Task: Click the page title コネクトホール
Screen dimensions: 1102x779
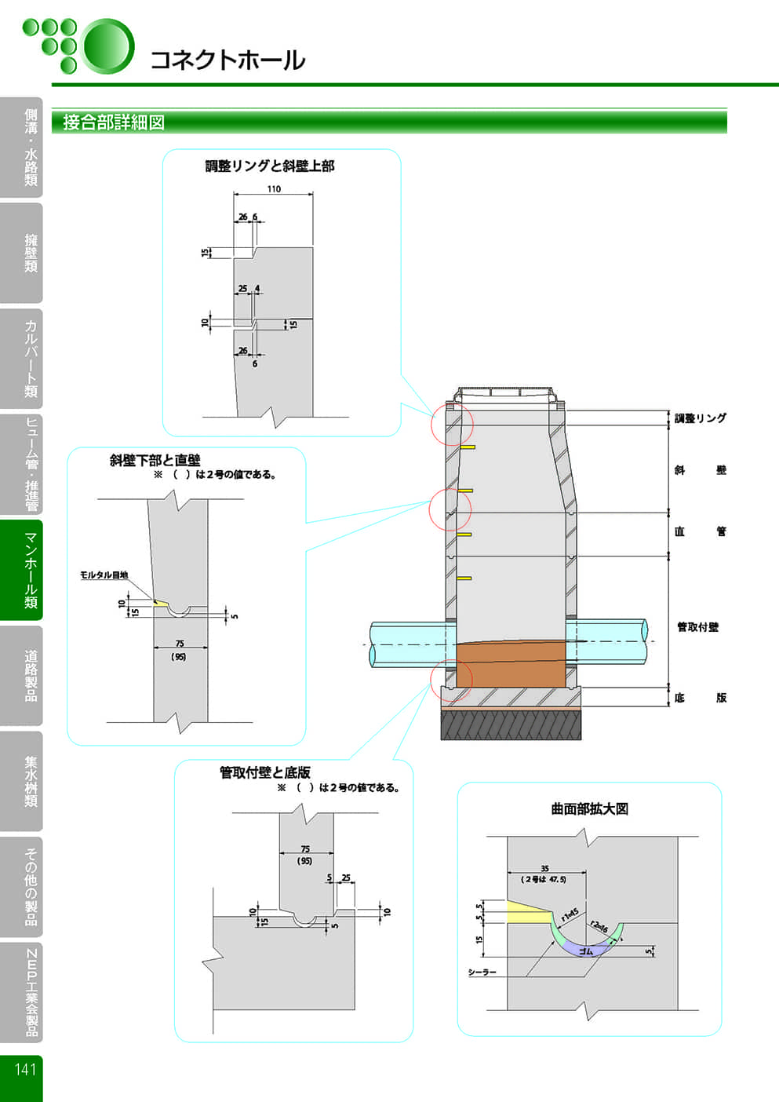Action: coord(227,60)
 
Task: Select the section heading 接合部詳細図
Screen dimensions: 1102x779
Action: coord(114,122)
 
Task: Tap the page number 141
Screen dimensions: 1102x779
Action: coord(24,1069)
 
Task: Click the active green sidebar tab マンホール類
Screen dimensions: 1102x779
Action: coord(30,570)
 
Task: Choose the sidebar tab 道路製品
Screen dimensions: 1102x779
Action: coord(30,675)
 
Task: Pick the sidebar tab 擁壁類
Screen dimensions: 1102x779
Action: coord(30,253)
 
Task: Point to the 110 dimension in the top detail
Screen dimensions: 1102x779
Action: coord(274,189)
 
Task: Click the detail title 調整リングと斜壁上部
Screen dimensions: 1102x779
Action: coord(270,166)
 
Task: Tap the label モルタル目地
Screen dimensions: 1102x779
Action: coord(104,575)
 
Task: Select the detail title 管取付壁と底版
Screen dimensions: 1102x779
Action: coord(265,772)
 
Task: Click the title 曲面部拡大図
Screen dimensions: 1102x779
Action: coord(589,809)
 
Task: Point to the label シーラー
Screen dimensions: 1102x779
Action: coord(482,972)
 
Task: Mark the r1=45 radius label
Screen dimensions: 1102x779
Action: coord(570,914)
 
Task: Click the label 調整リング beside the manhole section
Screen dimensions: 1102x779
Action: coord(701,418)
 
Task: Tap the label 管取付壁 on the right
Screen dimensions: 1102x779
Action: coord(697,626)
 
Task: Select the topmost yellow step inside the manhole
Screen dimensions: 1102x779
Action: coord(466,447)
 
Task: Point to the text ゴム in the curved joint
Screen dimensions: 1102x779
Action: coord(585,951)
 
